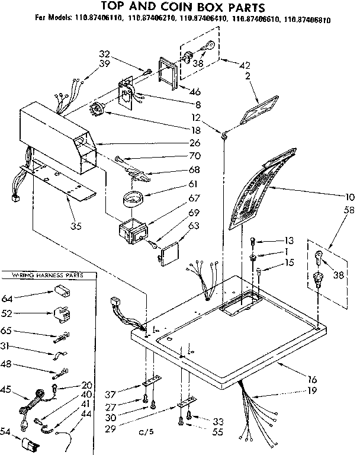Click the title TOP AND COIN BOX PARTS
(x=179, y=7)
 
